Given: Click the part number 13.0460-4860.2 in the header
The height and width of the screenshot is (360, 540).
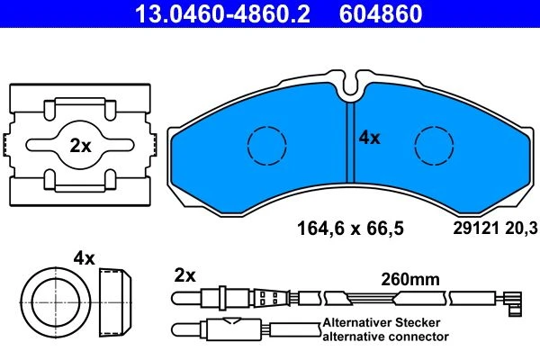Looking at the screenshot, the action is (x=222, y=13).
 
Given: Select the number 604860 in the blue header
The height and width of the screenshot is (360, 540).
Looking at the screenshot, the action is (x=381, y=13).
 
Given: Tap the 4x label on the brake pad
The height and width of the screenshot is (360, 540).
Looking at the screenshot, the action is (x=370, y=138).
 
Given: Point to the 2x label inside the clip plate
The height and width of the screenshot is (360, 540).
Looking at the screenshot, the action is (x=80, y=146).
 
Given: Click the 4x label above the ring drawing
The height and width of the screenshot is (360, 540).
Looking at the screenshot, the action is (x=84, y=258).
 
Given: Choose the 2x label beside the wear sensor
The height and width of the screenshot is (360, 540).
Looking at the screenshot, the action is (x=184, y=275).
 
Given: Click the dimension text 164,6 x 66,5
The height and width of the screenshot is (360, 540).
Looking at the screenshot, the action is (x=350, y=229).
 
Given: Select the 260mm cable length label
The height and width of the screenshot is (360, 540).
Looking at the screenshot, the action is (x=410, y=279).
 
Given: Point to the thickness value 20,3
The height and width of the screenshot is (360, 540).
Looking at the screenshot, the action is (x=521, y=229).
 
